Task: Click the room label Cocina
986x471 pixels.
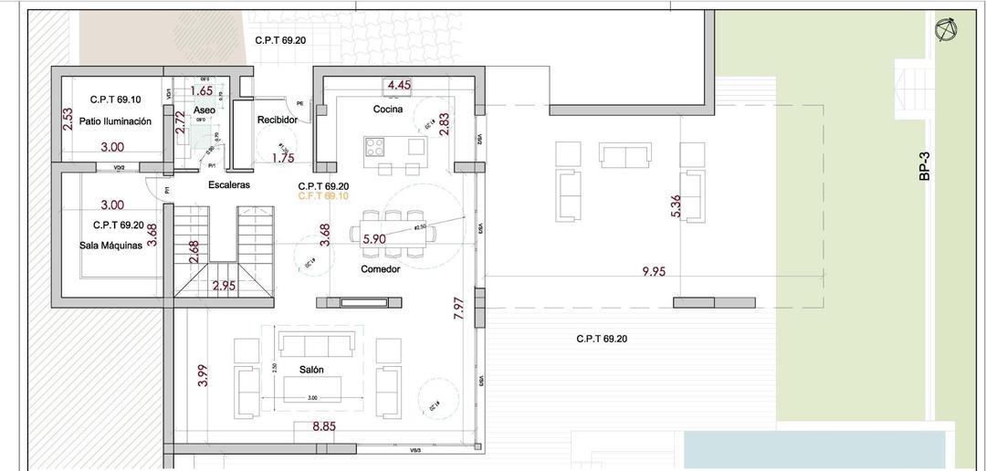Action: pos(388,110)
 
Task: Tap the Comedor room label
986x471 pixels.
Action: pos(380,269)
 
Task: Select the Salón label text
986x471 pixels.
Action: pos(312,370)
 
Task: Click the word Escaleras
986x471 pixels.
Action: pos(229,184)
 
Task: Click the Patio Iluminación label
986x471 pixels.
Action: pos(114,120)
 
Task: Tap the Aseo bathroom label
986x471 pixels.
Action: pos(205,110)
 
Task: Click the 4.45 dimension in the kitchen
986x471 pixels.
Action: pos(399,85)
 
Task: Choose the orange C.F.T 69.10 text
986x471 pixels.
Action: pos(323,196)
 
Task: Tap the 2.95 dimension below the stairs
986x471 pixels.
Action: pos(225,287)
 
